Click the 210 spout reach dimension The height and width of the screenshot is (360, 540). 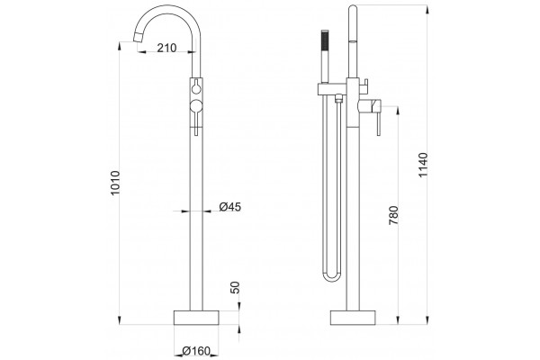[x=166, y=48]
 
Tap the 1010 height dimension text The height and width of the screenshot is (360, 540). [x=115, y=183]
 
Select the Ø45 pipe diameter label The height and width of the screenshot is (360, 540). [x=230, y=207]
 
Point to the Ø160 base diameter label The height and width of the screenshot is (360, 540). [x=196, y=351]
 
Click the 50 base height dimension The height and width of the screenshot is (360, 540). [x=235, y=287]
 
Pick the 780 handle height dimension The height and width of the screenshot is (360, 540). [x=393, y=215]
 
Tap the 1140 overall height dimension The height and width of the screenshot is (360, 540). [x=423, y=165]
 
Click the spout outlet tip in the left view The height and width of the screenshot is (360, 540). [x=138, y=37]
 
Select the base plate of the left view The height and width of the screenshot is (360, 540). [x=196, y=318]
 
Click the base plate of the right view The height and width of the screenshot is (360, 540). [x=353, y=318]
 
